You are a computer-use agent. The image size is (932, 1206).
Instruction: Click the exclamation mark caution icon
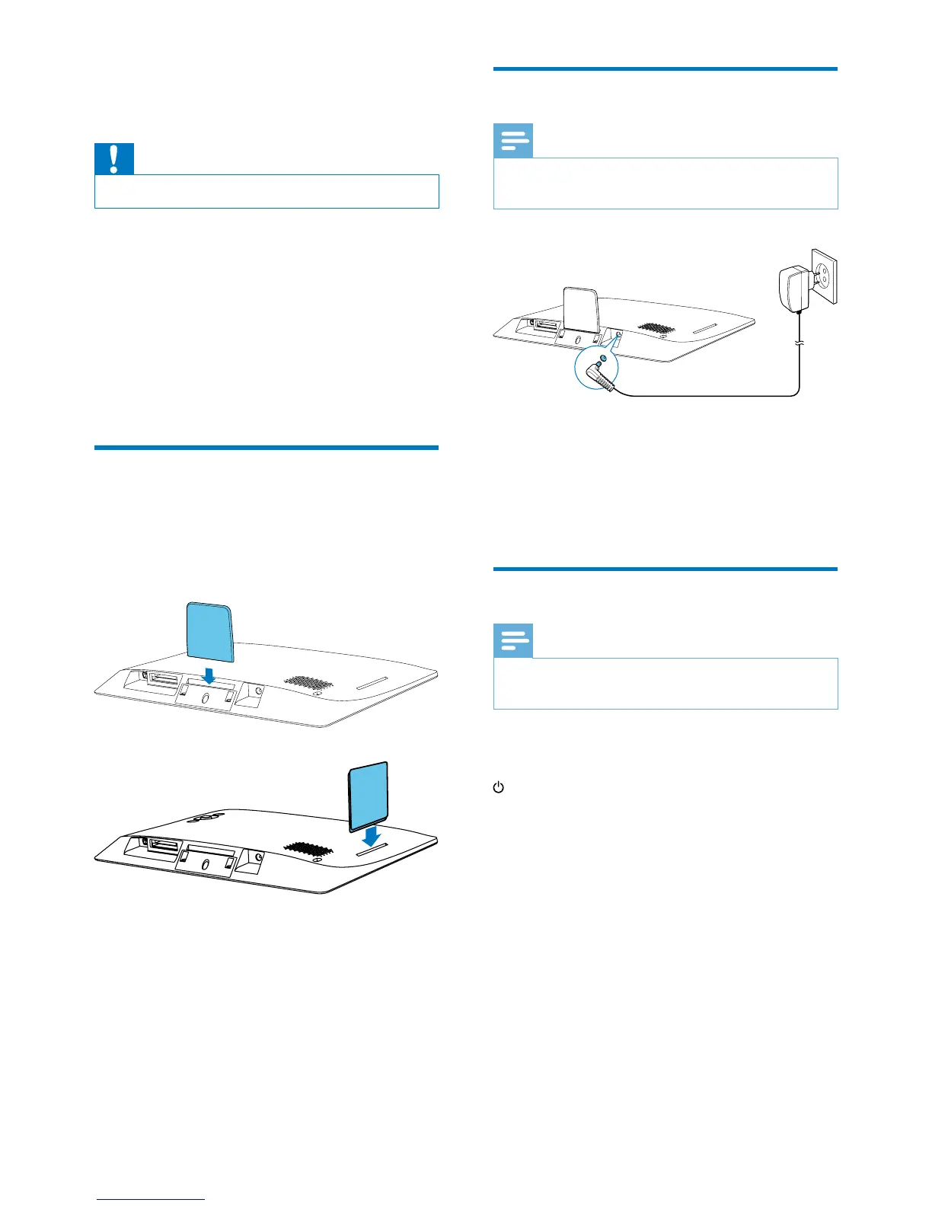[113, 158]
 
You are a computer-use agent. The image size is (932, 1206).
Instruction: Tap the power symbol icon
[499, 787]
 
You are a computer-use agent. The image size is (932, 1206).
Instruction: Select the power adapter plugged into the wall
[793, 289]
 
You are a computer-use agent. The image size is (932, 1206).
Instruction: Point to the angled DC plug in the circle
[605, 377]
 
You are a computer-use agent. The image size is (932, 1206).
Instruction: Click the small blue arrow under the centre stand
[208, 675]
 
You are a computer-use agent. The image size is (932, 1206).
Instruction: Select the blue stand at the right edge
[369, 796]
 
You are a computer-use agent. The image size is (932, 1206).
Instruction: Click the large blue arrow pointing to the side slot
[372, 837]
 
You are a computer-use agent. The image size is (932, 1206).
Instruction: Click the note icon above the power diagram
[513, 142]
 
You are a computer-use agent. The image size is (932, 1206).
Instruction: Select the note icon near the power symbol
[513, 641]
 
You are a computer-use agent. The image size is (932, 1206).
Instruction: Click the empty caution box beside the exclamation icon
[267, 191]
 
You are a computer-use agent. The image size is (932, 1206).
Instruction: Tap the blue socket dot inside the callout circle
[603, 357]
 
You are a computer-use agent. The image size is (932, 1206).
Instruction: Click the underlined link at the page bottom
[151, 1199]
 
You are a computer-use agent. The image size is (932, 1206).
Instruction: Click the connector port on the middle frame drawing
[164, 678]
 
